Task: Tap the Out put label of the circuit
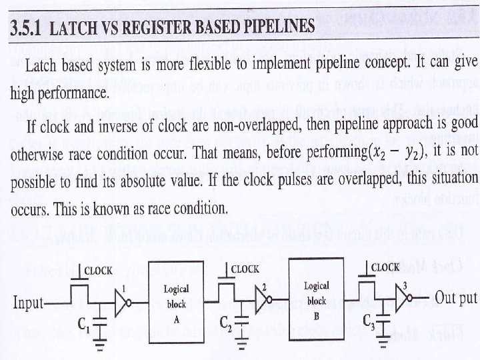457,297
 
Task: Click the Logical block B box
316,293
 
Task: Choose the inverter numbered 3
403,299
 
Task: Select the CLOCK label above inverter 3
385,267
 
